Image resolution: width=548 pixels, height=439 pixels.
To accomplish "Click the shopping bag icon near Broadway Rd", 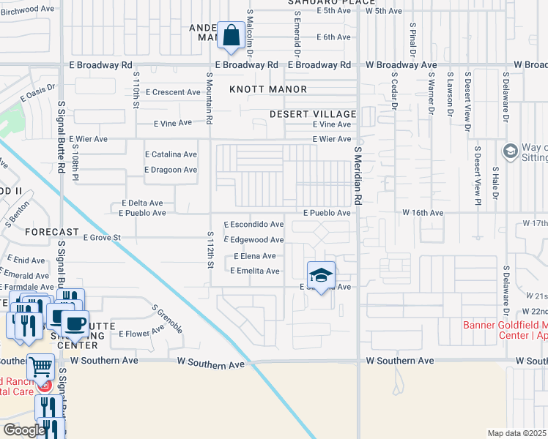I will tap(231, 36).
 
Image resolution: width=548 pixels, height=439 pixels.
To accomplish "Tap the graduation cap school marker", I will tap(320, 275).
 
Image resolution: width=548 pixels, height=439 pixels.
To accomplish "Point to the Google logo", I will tap(23, 430).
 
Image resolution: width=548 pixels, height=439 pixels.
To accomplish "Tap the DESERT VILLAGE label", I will tap(312, 114).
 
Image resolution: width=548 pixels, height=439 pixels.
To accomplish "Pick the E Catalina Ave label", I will tap(171, 154).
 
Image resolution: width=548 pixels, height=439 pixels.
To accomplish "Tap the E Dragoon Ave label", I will tap(171, 170).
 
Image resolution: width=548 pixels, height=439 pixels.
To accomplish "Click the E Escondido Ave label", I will tap(253, 224).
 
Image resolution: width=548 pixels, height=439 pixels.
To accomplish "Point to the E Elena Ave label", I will tap(254, 256).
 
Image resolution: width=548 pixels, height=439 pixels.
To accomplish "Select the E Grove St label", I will tap(101, 237).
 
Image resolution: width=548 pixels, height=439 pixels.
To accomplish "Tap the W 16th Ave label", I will tap(423, 212).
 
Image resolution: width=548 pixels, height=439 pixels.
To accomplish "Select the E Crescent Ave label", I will tap(173, 92).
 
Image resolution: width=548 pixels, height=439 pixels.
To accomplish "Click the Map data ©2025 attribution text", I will tap(516, 433).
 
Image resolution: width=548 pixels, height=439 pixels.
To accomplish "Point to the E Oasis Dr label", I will tap(38, 94).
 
